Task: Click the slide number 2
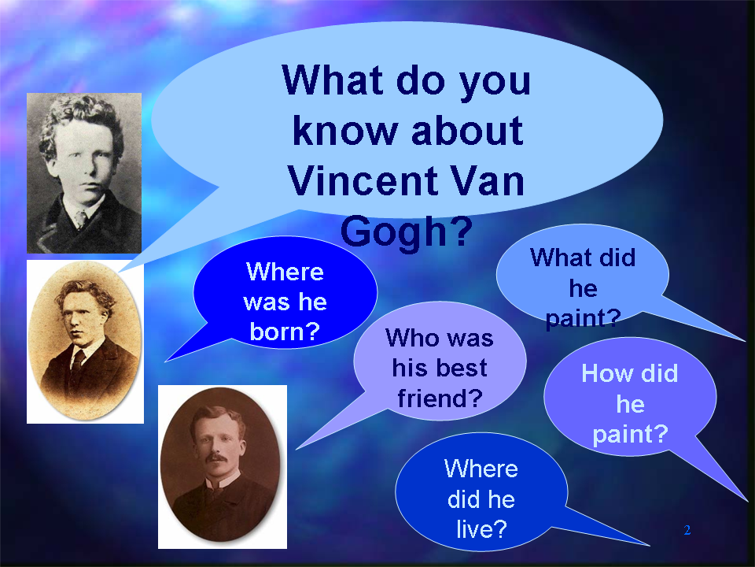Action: (687, 530)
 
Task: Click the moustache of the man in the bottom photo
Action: (215, 457)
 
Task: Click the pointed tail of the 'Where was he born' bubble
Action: (166, 361)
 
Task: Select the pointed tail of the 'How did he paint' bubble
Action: (746, 499)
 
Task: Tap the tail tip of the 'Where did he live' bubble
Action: (648, 545)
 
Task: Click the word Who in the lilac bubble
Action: (409, 338)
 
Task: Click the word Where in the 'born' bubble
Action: (285, 272)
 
